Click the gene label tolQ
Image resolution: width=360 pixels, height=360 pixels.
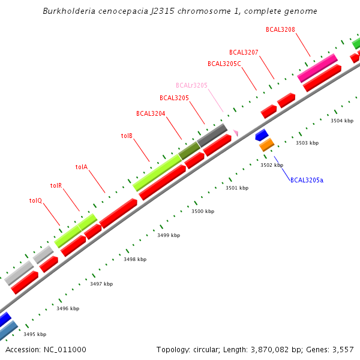pos(35,200)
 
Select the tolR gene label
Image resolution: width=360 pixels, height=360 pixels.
pos(56,186)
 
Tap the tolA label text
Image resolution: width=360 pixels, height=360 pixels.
pos(82,167)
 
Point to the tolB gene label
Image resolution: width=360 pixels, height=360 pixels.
pos(127,136)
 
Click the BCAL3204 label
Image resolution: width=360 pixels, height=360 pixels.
pos(151,113)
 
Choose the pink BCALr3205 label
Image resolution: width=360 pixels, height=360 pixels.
pos(191,86)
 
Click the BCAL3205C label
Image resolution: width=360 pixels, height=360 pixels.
pos(224,64)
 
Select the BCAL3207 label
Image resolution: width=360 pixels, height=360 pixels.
pos(244,52)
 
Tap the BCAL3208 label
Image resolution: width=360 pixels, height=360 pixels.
pos(280,29)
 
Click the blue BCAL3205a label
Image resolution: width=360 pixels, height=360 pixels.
pos(307,180)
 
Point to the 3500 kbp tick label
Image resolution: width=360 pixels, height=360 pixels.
pos(203,212)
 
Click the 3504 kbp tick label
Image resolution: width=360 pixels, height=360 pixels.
pos(342,121)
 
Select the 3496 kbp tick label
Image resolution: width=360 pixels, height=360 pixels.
pos(68,308)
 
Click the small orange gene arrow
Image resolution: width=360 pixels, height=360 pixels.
pos(266,145)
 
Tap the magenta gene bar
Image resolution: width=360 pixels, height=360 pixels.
pos(317,68)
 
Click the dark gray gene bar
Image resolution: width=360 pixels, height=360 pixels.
pos(212,135)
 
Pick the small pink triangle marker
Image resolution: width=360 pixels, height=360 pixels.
pos(236,133)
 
